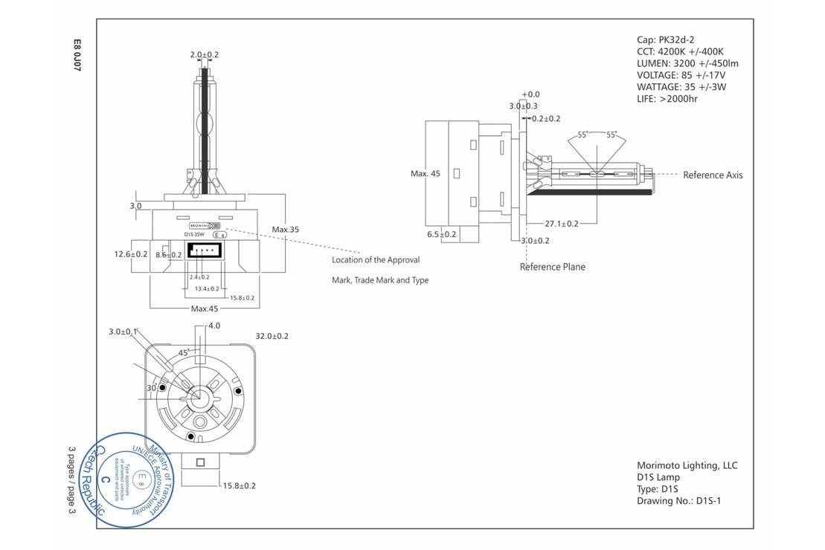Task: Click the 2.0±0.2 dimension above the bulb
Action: click(204, 55)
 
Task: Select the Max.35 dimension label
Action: click(286, 230)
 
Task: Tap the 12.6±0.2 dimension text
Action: click(131, 254)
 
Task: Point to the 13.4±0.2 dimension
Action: click(206, 289)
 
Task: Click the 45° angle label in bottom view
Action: click(183, 353)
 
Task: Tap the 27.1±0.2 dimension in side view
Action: click(562, 223)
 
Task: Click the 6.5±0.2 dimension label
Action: click(441, 234)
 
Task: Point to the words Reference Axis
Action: click(712, 175)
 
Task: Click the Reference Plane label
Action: click(552, 267)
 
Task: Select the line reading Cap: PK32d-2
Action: click(665, 40)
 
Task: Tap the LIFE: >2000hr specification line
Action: click(667, 99)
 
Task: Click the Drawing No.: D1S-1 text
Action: click(678, 501)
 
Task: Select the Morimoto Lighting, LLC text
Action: click(687, 465)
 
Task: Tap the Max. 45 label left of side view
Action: click(426, 174)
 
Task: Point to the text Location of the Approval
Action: click(376, 260)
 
